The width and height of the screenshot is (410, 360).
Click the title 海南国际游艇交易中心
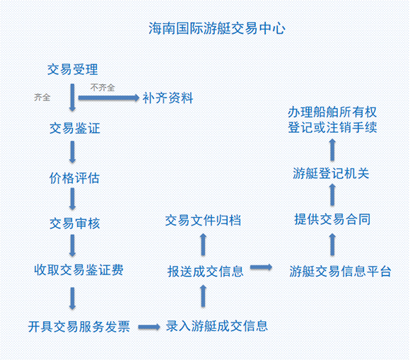[x=217, y=28]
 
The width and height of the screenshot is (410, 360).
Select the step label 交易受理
[x=73, y=69]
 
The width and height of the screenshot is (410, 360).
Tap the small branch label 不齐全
[x=102, y=88]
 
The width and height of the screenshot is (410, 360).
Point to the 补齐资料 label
[x=168, y=98]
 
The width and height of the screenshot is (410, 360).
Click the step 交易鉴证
[x=75, y=128]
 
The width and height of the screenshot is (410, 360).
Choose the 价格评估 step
[x=74, y=178]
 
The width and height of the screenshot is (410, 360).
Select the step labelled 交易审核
[x=75, y=223]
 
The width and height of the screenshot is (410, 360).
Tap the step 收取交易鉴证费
[x=78, y=270]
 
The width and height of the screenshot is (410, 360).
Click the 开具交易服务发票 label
[x=79, y=327]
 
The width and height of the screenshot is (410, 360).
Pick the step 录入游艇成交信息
[x=217, y=326]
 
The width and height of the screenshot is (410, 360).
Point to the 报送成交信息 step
[x=206, y=272]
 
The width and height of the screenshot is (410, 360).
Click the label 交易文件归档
[x=203, y=220]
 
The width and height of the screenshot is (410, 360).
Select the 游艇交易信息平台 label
[x=340, y=271]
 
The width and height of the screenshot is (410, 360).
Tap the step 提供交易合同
[x=332, y=219]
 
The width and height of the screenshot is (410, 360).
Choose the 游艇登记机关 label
[x=331, y=173]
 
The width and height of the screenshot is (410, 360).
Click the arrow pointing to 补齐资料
[x=109, y=98]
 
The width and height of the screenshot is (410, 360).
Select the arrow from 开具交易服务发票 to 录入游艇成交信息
[x=149, y=327]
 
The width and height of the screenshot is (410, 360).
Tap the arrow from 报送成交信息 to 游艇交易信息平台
[x=262, y=267]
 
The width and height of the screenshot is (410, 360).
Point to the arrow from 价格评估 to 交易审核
[x=72, y=199]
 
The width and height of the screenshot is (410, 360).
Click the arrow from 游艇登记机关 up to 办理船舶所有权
[x=332, y=150]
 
